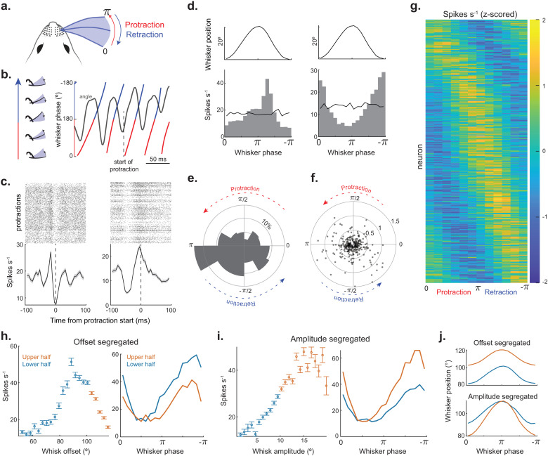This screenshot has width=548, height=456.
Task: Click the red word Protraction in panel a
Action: click(144, 25)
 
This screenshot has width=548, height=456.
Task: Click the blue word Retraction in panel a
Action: click(144, 34)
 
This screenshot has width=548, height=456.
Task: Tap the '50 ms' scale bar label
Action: click(158, 159)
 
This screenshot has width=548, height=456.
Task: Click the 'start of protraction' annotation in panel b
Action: click(124, 166)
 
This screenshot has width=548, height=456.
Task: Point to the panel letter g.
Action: click(415, 6)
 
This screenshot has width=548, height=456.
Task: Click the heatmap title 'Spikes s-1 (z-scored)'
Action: click(480, 14)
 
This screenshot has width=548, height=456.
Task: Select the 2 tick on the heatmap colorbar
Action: click(543, 20)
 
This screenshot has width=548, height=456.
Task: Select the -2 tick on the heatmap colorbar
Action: click(542, 282)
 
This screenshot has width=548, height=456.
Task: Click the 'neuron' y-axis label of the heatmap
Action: click(419, 157)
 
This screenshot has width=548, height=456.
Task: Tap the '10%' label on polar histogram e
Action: click(267, 225)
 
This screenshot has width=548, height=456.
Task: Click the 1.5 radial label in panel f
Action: click(395, 221)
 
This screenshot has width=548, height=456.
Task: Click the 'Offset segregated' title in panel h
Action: click(106, 341)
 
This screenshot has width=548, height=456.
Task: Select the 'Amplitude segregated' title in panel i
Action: click(330, 339)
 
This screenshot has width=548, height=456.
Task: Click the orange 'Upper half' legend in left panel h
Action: click(37, 357)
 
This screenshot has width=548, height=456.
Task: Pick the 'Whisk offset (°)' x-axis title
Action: click(66, 451)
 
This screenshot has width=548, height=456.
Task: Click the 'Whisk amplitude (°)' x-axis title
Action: click(283, 451)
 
